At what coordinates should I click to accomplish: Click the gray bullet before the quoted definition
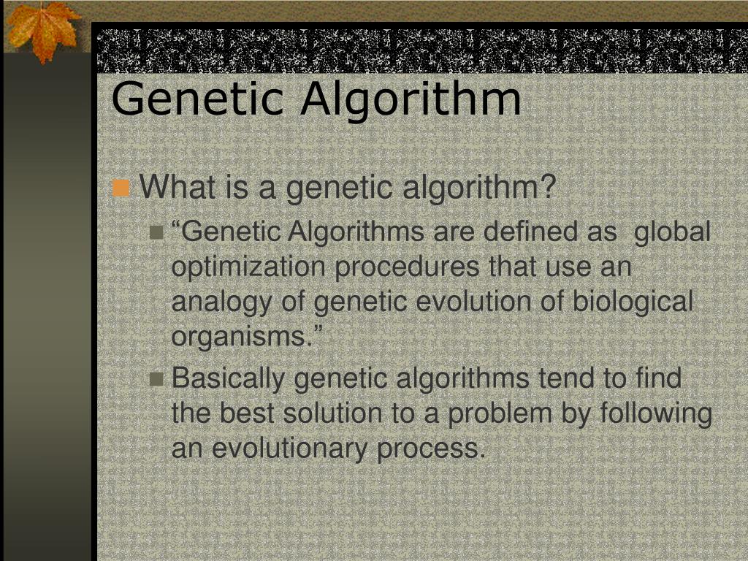coord(156,233)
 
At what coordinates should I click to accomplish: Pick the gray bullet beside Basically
coord(156,379)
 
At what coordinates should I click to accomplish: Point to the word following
coord(655,414)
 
